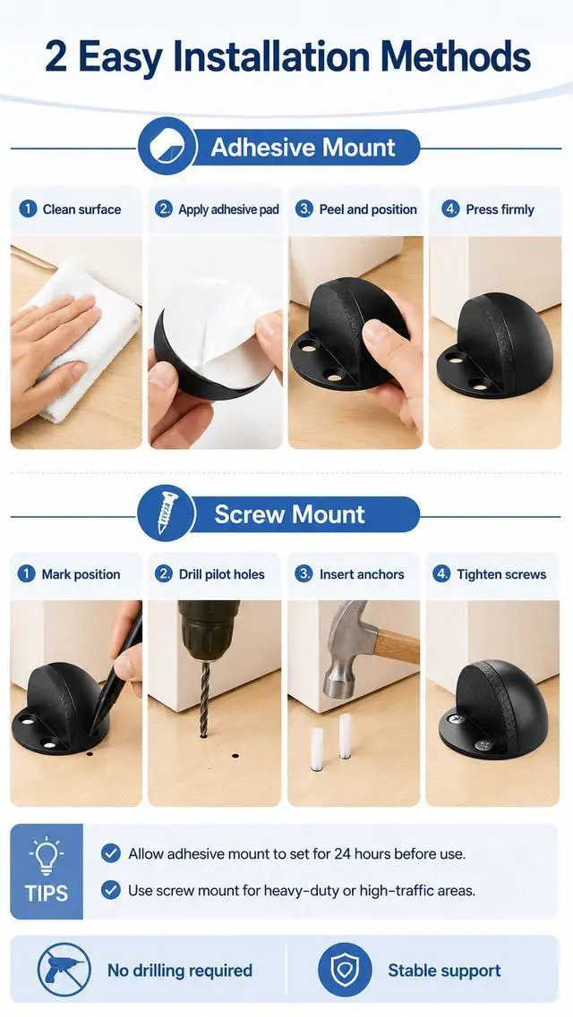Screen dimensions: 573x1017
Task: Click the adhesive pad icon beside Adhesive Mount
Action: pyautogui.click(x=167, y=146)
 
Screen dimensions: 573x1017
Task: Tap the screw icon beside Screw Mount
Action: pyautogui.click(x=167, y=513)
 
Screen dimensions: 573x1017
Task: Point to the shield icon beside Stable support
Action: pyautogui.click(x=345, y=970)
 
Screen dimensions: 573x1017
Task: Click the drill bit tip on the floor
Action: pyautogui.click(x=204, y=734)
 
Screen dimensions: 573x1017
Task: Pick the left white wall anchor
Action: pyautogui.click(x=317, y=750)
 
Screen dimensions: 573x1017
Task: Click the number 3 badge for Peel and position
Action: pyautogui.click(x=304, y=209)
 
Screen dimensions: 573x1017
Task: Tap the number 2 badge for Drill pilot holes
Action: pyautogui.click(x=164, y=574)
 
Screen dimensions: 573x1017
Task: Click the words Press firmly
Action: pyautogui.click(x=500, y=209)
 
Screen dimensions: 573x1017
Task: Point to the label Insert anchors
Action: pyautogui.click(x=362, y=574)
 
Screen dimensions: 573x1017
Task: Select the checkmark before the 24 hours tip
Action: pyautogui.click(x=111, y=853)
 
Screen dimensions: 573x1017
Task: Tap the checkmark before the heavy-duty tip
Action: pyautogui.click(x=111, y=890)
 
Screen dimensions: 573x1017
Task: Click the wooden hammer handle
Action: pyautogui.click(x=396, y=645)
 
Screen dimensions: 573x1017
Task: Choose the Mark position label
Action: pyautogui.click(x=81, y=574)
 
